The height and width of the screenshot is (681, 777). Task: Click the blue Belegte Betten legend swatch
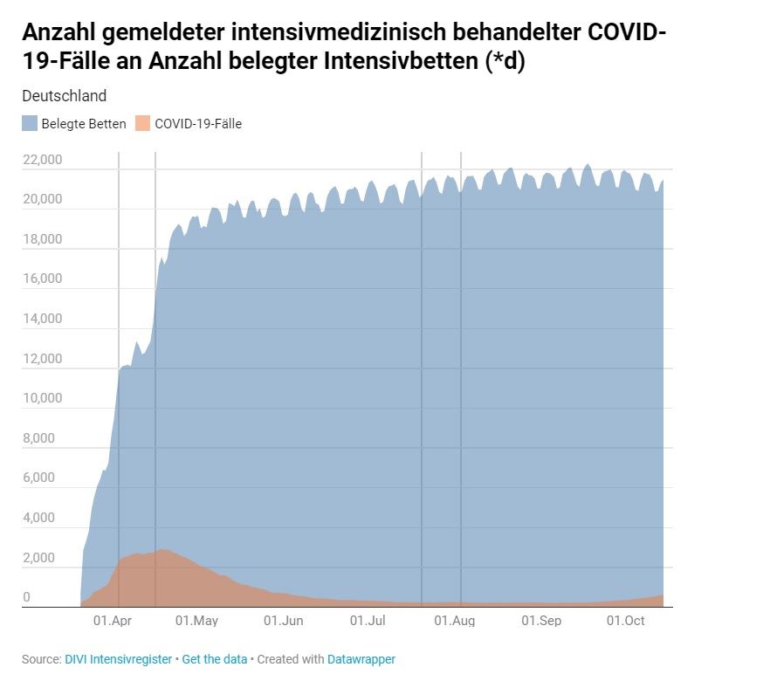click(30, 124)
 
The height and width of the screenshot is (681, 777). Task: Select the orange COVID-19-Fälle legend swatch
click(143, 124)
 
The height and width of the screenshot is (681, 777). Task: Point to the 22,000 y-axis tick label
click(42, 160)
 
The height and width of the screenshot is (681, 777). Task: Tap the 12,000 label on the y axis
click(42, 359)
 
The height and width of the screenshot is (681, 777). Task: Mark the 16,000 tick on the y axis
click(42, 279)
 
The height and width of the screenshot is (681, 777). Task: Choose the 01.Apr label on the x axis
click(112, 621)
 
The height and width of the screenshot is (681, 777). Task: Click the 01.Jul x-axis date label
click(368, 621)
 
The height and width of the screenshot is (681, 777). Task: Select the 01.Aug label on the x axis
click(454, 621)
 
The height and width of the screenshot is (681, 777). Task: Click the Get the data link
click(215, 659)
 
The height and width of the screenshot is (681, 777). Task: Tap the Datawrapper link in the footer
click(361, 659)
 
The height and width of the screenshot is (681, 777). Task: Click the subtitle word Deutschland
click(64, 96)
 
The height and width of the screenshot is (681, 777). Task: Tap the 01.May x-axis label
click(196, 621)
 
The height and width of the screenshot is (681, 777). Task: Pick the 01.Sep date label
click(541, 621)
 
